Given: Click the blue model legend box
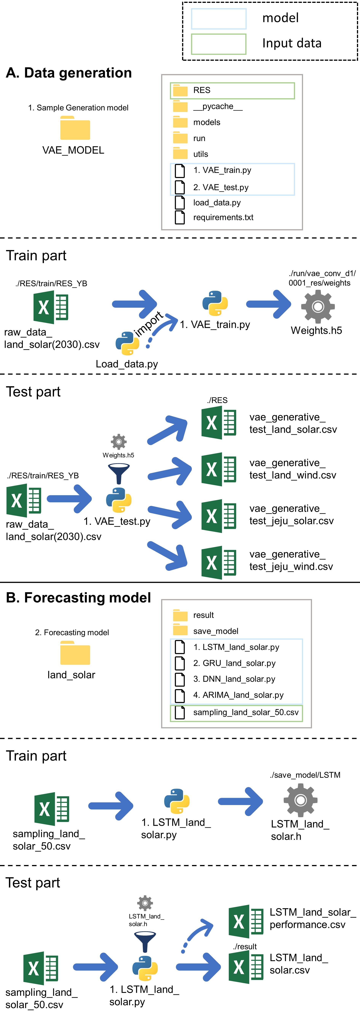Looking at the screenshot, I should coord(218,18).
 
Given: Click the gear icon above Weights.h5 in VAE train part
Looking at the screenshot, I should coord(318,306).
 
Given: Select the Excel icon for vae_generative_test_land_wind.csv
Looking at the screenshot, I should coord(218,469).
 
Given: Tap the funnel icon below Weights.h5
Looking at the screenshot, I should coord(119,473).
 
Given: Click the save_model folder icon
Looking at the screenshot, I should coord(180,631).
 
